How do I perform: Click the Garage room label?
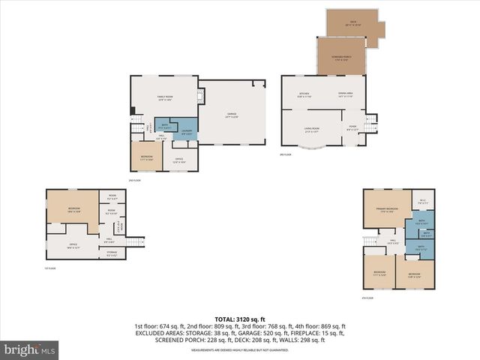232,116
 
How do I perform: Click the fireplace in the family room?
200,96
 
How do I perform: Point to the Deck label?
352,22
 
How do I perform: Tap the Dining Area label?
346,94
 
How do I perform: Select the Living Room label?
312,131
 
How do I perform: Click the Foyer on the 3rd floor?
352,127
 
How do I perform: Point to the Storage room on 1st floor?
111,253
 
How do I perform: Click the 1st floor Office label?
73,245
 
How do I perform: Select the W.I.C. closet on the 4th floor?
423,200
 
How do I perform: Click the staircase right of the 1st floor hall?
133,241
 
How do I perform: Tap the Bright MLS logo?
30,349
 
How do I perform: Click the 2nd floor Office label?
180,159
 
